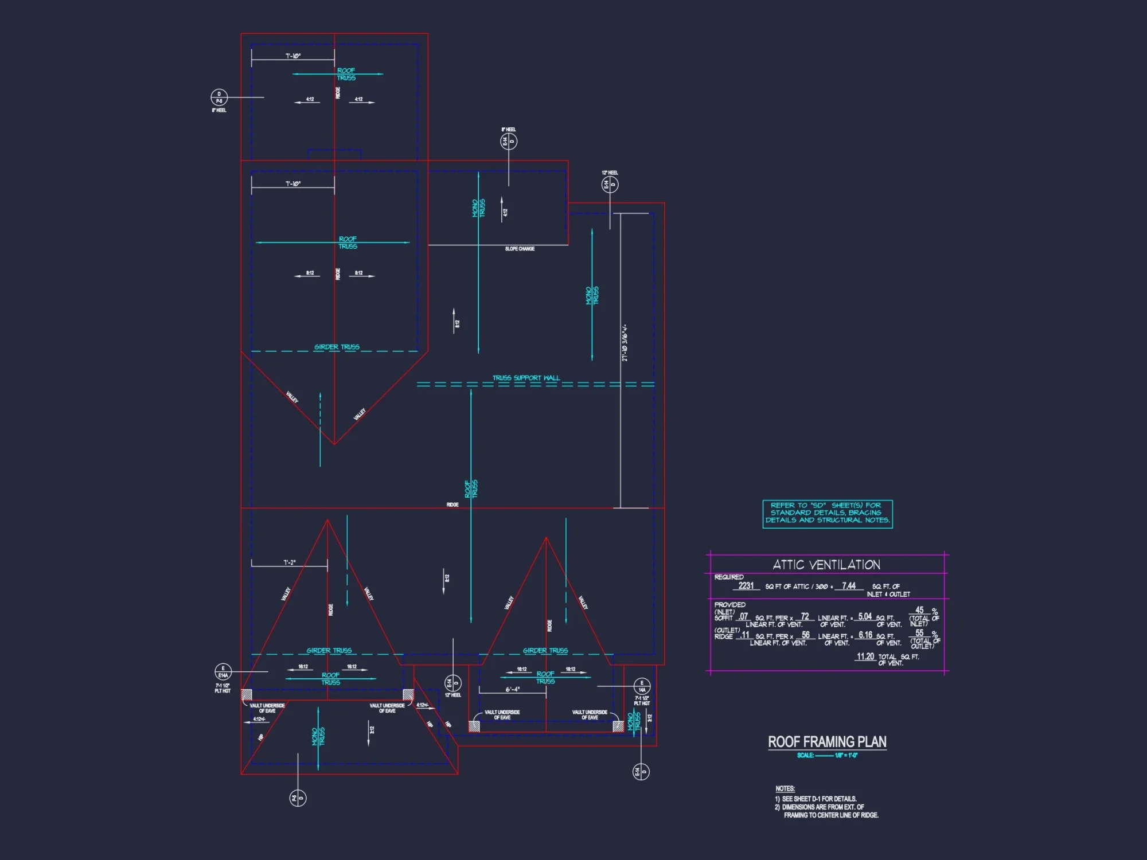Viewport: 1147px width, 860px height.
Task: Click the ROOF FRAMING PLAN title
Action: pyautogui.click(x=827, y=742)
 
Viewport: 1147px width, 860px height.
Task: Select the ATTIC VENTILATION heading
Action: pyautogui.click(x=826, y=565)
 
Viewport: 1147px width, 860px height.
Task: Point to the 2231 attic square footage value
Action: pyautogui.click(x=746, y=585)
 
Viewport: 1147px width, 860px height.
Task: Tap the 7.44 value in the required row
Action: pyautogui.click(x=849, y=585)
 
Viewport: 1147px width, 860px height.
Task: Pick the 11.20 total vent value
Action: pyautogui.click(x=865, y=656)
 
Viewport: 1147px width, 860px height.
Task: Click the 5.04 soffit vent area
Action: pyautogui.click(x=865, y=616)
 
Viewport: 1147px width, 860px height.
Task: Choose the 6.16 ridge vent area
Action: pyautogui.click(x=865, y=635)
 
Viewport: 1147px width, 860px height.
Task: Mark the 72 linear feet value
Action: pyautogui.click(x=805, y=616)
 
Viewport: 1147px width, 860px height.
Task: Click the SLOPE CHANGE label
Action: pyautogui.click(x=520, y=249)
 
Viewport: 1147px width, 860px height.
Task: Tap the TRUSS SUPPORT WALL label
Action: pyautogui.click(x=526, y=378)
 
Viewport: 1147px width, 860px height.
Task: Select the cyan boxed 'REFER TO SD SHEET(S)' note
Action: pyautogui.click(x=828, y=513)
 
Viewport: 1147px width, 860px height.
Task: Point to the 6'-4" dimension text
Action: pyautogui.click(x=513, y=689)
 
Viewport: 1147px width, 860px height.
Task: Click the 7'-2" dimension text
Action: pyautogui.click(x=290, y=562)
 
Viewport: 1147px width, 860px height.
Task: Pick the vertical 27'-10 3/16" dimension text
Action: pyautogui.click(x=625, y=343)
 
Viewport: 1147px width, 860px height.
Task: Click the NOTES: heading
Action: pyautogui.click(x=785, y=788)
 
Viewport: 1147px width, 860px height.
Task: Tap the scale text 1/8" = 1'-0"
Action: pyautogui.click(x=846, y=755)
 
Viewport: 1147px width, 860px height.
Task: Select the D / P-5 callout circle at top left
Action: pyautogui.click(x=219, y=97)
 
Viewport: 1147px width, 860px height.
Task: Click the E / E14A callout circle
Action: pyautogui.click(x=223, y=671)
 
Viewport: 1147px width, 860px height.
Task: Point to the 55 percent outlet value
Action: pyautogui.click(x=919, y=633)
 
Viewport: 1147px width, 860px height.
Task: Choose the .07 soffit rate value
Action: pyautogui.click(x=743, y=616)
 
